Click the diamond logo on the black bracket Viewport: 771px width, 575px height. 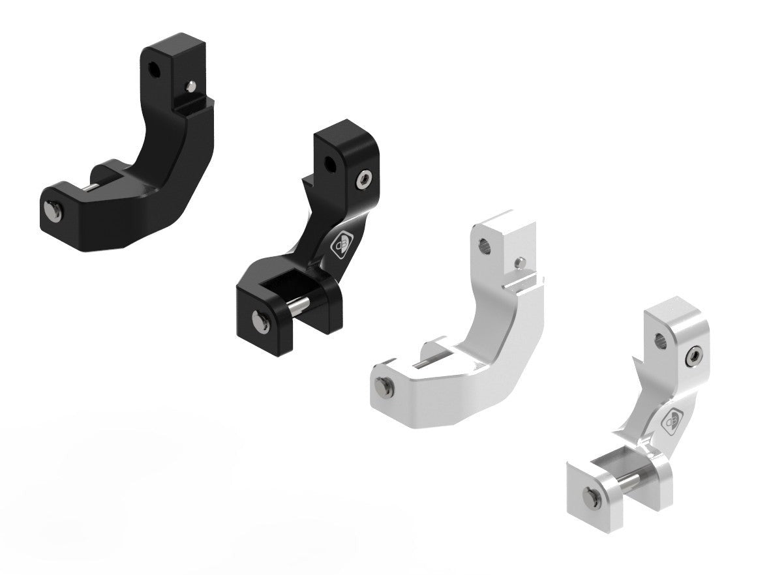[x=341, y=245]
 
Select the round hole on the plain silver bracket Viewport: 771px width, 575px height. [x=486, y=244]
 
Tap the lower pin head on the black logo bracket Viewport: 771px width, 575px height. [x=260, y=319]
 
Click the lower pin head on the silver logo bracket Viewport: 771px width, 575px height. [x=590, y=496]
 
